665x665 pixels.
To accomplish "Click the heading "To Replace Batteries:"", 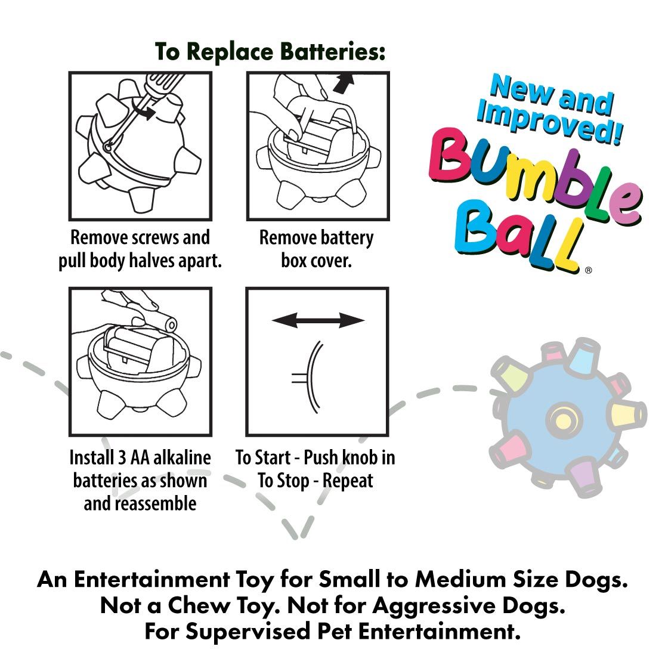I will (x=270, y=52).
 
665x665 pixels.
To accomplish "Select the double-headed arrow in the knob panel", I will (x=318, y=321).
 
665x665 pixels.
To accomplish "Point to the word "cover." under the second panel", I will (x=333, y=261).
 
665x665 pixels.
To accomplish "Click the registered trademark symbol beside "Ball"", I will (x=589, y=270).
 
